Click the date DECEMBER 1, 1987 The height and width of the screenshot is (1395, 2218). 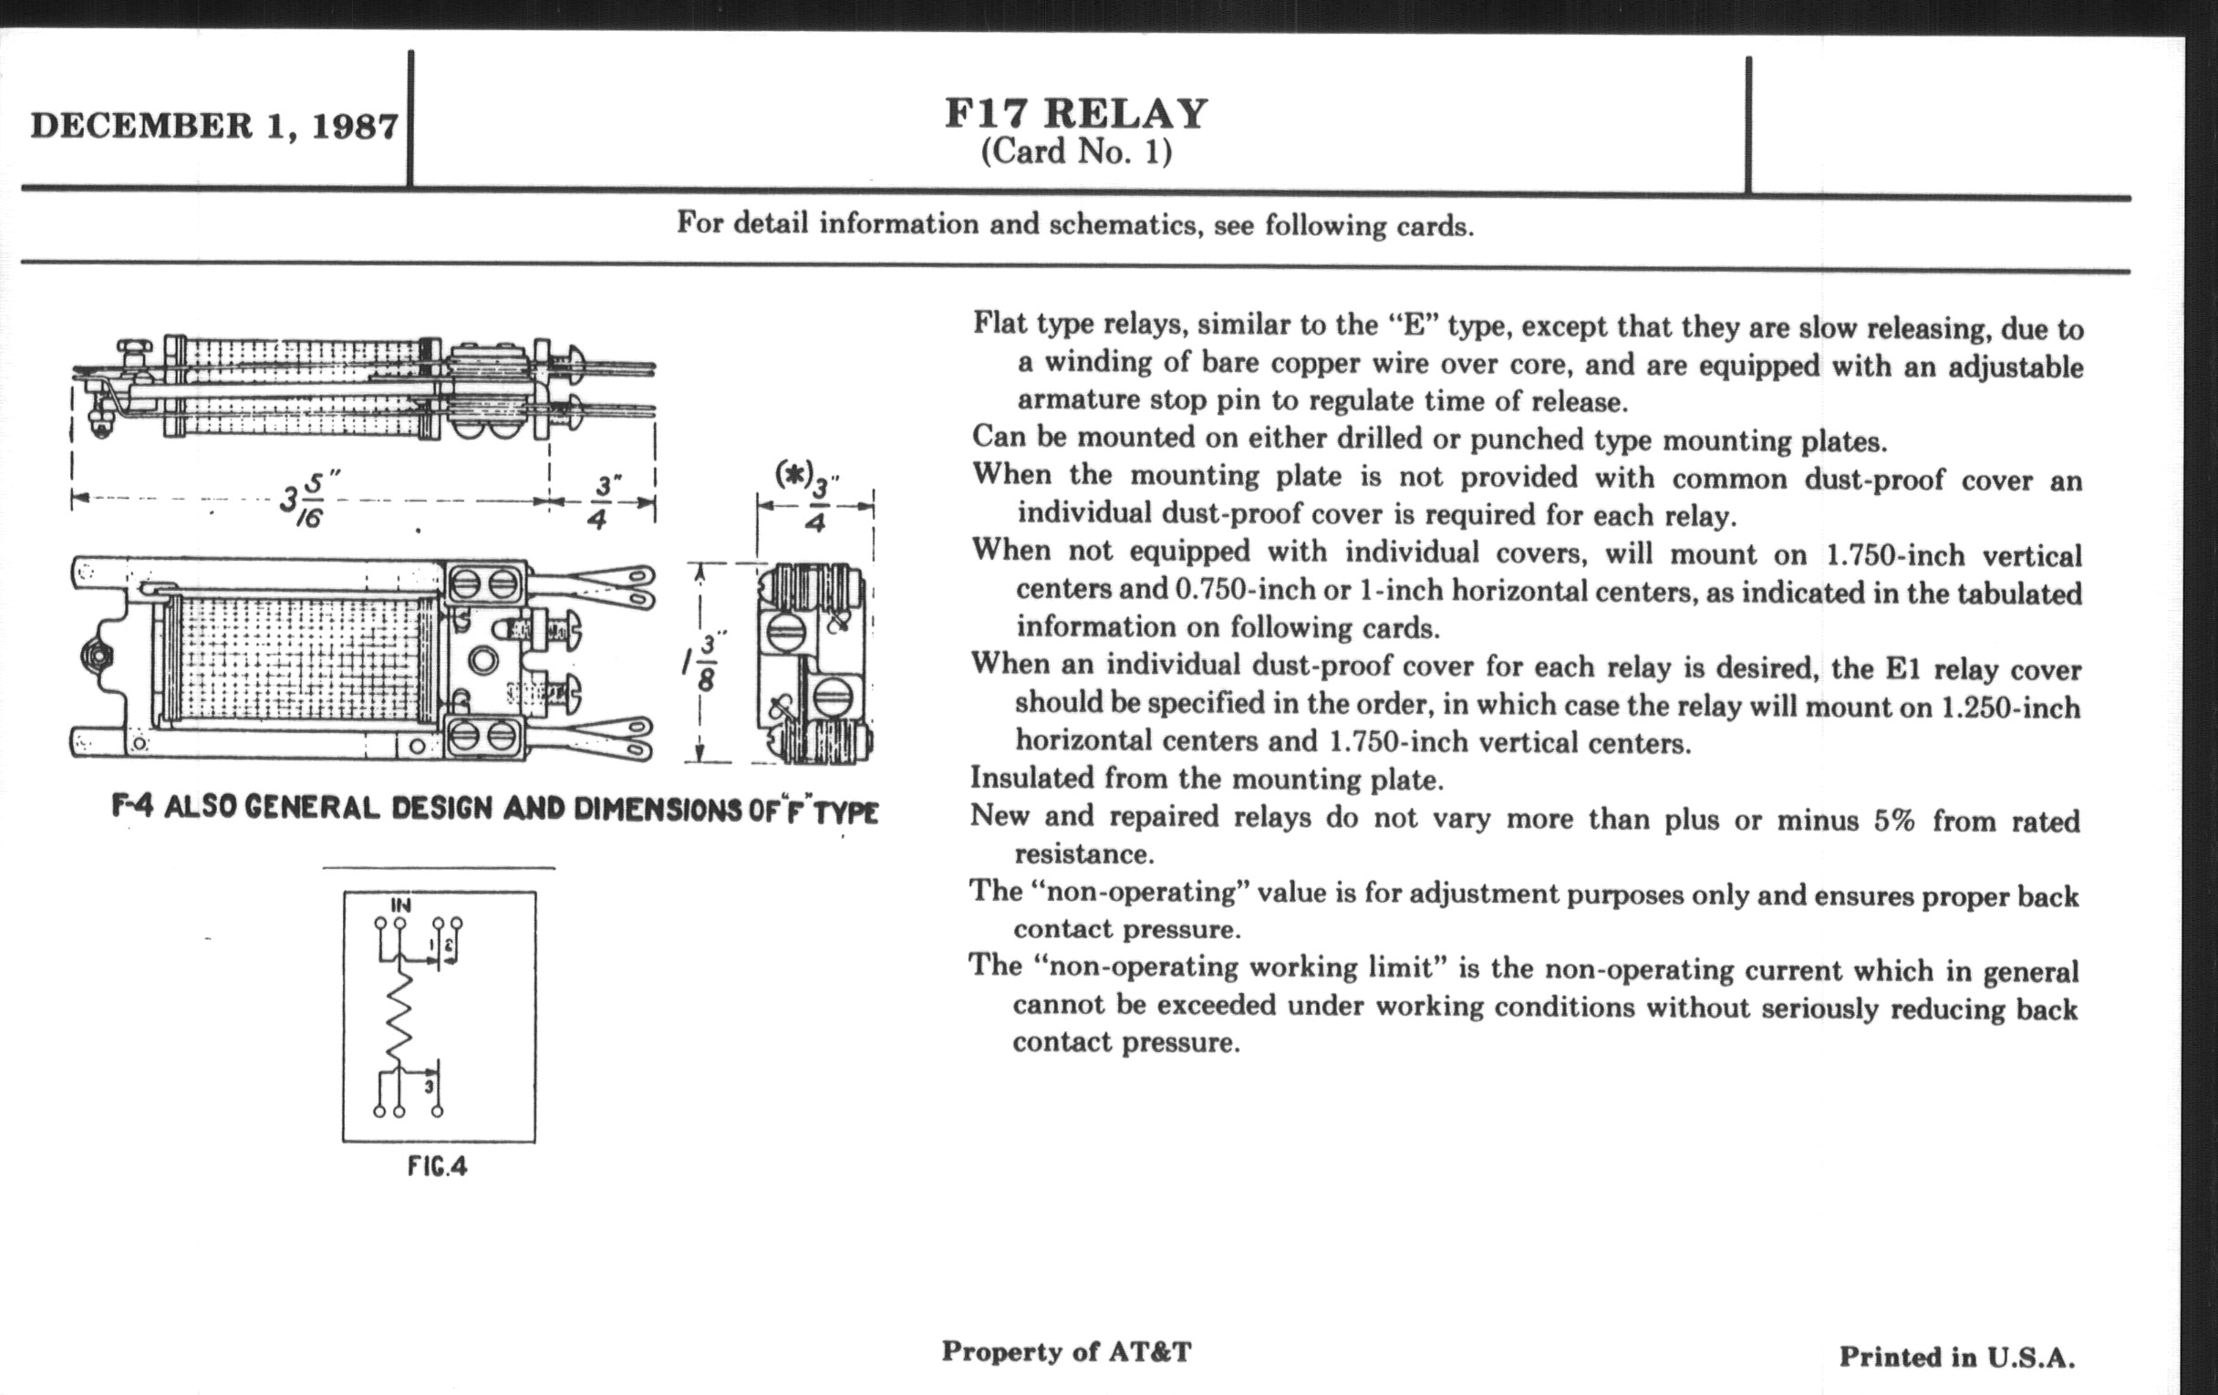point(214,125)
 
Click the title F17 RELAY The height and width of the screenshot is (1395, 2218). point(1076,113)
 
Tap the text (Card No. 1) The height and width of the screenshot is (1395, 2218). point(1076,152)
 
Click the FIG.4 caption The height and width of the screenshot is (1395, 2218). point(438,1167)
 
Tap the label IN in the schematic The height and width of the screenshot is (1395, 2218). point(400,906)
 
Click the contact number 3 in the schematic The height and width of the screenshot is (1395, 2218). point(429,1088)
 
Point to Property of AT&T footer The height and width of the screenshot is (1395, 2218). point(1066,1352)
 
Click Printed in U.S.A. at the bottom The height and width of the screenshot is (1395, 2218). point(1957,1358)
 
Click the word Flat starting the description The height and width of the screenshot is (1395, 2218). point(1000,323)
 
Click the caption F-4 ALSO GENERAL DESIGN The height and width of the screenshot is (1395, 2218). point(494,809)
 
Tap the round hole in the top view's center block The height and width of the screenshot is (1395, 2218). point(482,659)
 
